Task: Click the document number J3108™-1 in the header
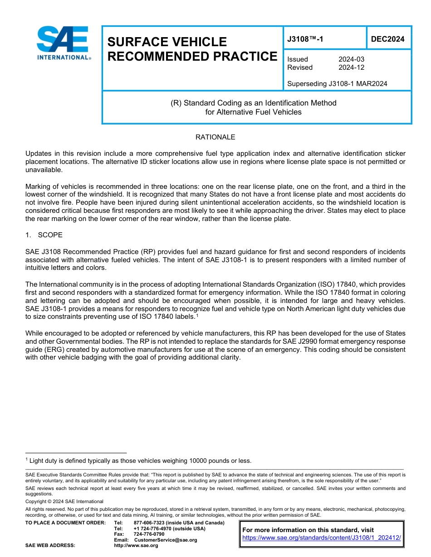[305, 39]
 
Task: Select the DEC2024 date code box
[387, 39]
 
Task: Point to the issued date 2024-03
[351, 59]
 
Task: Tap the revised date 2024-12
[351, 67]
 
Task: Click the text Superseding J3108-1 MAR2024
[337, 84]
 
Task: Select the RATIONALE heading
[215, 137]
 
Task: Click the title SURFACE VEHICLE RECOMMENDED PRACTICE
[192, 49]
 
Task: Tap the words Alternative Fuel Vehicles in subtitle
[253, 112]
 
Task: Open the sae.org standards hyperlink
[322, 538]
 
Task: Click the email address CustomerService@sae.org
[166, 540]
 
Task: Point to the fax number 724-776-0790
[149, 534]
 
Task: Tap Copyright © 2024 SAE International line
[64, 502]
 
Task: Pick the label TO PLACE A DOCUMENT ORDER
[65, 523]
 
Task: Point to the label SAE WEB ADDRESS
[50, 545]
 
